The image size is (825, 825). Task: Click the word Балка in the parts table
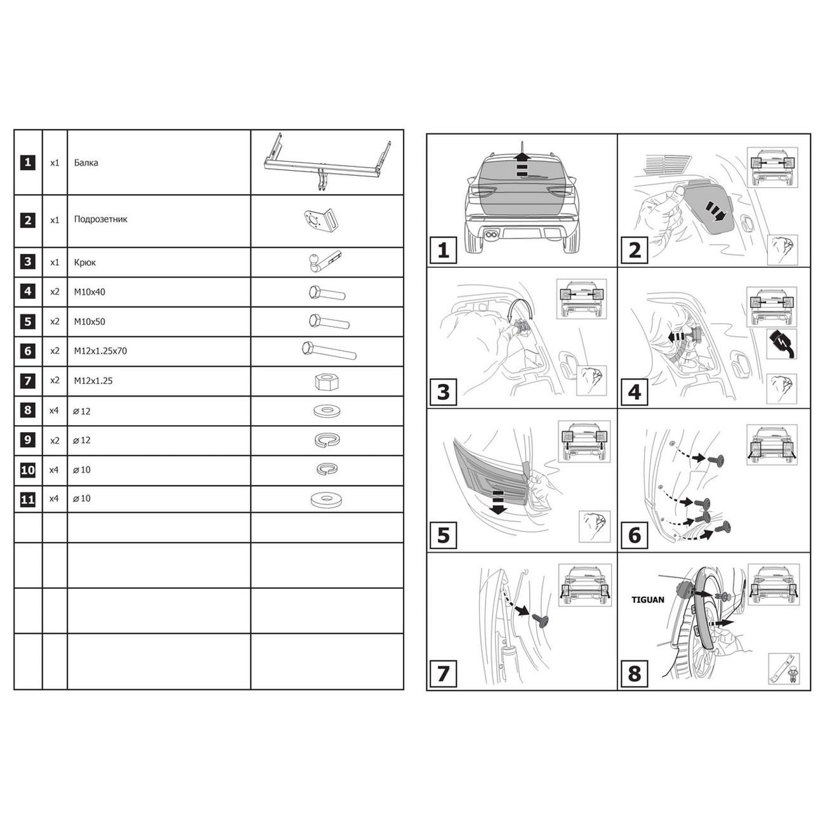pos(86,162)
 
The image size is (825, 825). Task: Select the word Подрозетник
pos(101,219)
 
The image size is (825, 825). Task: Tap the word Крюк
pos(85,263)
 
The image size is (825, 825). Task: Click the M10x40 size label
pos(89,292)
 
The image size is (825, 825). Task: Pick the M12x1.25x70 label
pos(100,351)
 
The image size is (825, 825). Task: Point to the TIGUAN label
pos(648,600)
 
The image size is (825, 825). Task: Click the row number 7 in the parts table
pos(28,381)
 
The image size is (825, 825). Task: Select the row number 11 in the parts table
pos(28,499)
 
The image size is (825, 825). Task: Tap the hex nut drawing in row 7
pos(327,381)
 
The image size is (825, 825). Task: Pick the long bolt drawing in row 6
pos(329,351)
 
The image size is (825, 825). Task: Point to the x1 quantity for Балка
pos(55,163)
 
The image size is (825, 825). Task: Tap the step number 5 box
pos(443,535)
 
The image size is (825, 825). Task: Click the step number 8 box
pos(634,673)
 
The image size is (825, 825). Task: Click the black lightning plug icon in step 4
pos(781,344)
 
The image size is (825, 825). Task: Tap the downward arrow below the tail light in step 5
pos(498,503)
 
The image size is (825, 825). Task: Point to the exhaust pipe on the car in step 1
pos(491,234)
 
